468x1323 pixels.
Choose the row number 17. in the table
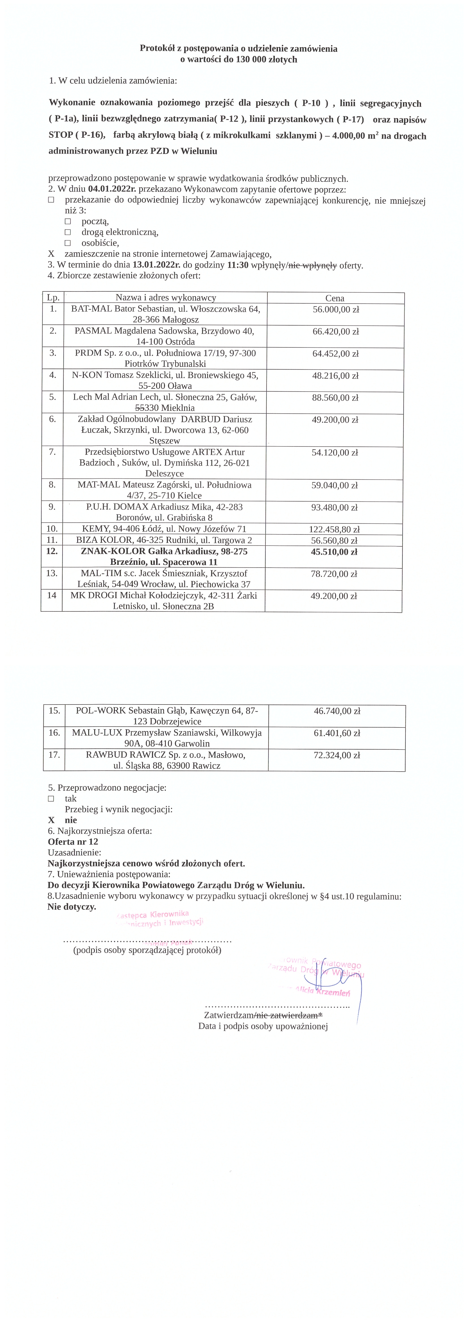point(54,755)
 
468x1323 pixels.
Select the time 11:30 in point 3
point(237,265)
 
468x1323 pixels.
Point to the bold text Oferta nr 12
point(73,842)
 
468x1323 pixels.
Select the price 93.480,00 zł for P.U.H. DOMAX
point(335,507)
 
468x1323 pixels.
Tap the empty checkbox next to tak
point(51,799)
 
